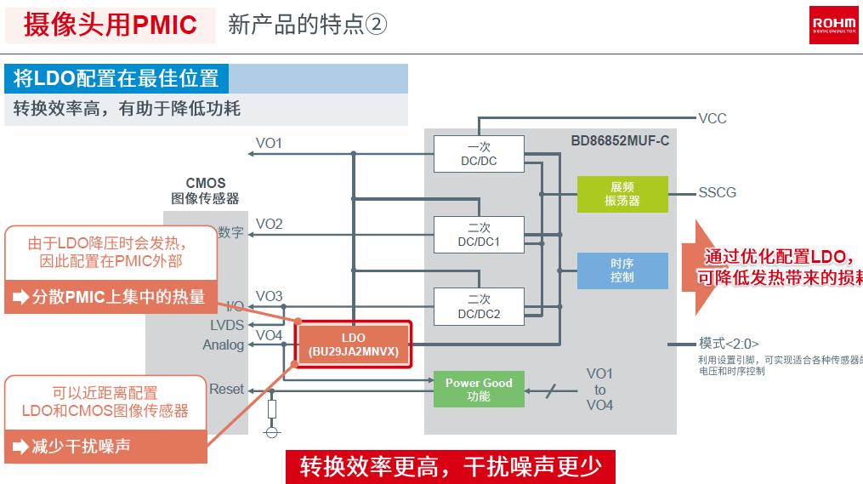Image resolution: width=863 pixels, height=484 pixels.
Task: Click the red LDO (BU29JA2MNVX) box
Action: coord(353,344)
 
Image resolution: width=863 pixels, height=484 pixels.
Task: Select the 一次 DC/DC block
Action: coord(479,154)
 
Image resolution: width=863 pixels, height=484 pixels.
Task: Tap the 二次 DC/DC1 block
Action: coord(479,235)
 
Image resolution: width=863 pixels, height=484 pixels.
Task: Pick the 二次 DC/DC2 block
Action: coord(479,307)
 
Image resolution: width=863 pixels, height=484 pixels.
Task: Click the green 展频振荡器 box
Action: coord(622,194)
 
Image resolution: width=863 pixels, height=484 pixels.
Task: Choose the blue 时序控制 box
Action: coord(622,270)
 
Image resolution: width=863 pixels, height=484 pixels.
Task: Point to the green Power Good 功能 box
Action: coord(479,390)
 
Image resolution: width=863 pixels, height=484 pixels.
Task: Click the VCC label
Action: coord(713,118)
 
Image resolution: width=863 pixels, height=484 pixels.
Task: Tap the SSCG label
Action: coord(717,193)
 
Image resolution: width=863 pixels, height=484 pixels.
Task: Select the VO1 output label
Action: coord(269,143)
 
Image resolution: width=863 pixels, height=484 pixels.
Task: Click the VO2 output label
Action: coord(269,224)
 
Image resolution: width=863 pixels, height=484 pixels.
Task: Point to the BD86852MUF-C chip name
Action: coord(620,140)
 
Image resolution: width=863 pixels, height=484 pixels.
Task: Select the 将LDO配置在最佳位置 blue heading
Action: coord(116,79)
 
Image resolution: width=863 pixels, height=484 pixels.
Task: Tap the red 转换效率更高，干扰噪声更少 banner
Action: coord(450,467)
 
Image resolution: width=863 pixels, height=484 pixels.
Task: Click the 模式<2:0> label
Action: coord(729,344)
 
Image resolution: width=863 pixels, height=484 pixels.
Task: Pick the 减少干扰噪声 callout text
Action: coord(81,446)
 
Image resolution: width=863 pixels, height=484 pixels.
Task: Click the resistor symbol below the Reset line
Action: coord(272,410)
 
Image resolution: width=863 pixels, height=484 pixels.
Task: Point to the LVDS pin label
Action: coord(227,325)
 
